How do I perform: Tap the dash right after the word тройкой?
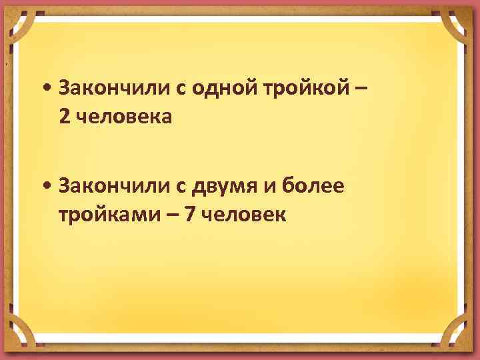tap(361, 87)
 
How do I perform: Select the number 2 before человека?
tap(63, 117)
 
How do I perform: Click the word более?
tap(313, 184)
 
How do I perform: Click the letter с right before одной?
tap(179, 88)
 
